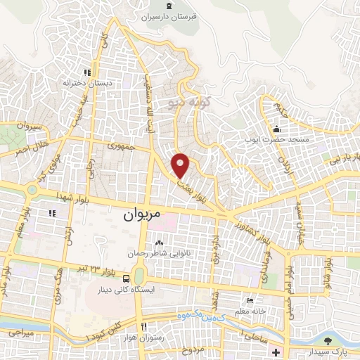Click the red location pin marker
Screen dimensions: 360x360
181,165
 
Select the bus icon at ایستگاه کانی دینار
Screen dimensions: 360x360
125,278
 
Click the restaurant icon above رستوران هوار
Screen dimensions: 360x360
144,327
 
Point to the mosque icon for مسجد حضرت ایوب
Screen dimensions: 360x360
277,129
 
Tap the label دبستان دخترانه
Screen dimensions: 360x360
87,83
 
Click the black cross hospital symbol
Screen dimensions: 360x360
276,351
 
